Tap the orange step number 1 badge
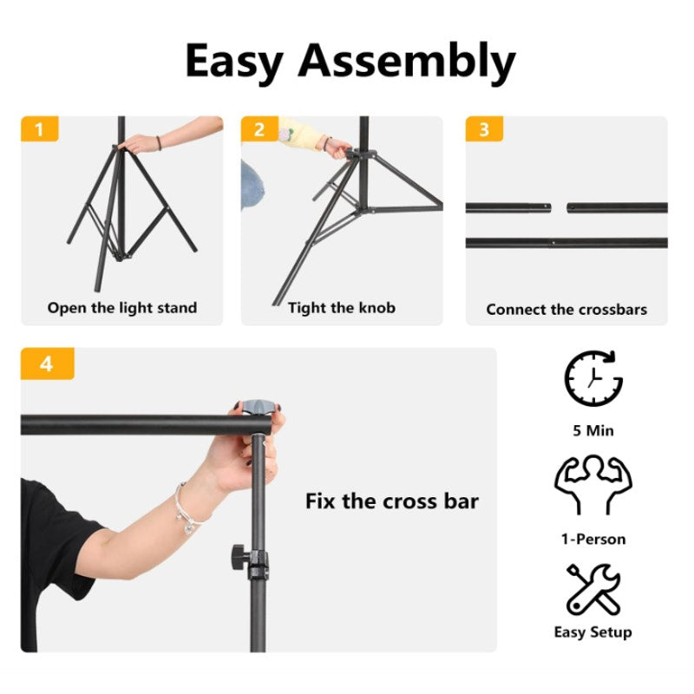39,129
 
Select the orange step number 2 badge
259,129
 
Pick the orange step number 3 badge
484,129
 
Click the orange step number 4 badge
47,363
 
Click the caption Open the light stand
122,308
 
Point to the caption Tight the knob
342,308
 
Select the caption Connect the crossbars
566,309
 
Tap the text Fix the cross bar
391,501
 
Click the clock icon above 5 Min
593,378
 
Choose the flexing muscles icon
593,485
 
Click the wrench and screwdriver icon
593,590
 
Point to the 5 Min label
593,431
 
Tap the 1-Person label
593,539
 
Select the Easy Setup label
593,632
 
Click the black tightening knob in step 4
239,553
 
